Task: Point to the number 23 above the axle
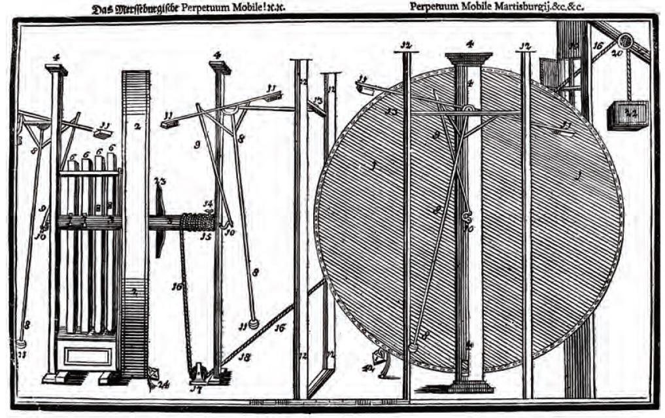(160, 181)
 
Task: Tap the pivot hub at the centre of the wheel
(468, 108)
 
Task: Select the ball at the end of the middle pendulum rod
(254, 324)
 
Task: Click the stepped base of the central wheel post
(469, 385)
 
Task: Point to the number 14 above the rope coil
(208, 204)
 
